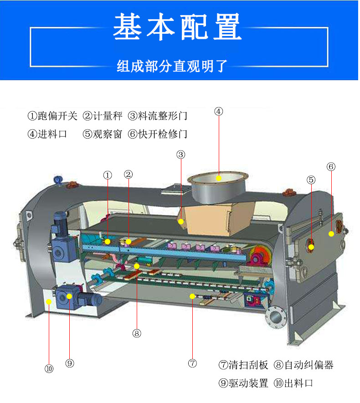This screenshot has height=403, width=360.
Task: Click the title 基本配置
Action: (x=177, y=26)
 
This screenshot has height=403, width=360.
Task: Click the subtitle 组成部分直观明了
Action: (x=172, y=66)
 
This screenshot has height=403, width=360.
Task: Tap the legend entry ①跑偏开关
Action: (x=52, y=116)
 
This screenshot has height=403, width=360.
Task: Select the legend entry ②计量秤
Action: (x=103, y=116)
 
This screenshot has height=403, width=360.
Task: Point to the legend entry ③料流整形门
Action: (x=158, y=116)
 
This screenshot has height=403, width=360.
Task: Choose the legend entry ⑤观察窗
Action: (x=103, y=134)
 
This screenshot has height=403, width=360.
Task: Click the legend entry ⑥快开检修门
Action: (x=158, y=134)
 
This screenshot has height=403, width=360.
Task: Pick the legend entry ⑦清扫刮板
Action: (x=243, y=365)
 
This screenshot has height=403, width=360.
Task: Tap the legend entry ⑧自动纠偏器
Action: (x=303, y=365)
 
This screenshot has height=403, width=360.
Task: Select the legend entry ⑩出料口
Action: (x=293, y=383)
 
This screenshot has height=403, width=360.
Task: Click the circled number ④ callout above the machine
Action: (x=218, y=112)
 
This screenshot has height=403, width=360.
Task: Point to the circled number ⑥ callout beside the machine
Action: (x=331, y=167)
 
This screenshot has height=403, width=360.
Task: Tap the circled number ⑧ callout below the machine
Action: (x=137, y=333)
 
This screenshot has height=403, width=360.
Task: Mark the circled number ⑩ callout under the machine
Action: (x=49, y=369)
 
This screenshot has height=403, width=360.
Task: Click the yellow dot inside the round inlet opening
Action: (x=219, y=178)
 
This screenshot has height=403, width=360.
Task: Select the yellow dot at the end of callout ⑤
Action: (x=311, y=247)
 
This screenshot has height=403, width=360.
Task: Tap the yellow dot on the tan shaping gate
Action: (x=181, y=221)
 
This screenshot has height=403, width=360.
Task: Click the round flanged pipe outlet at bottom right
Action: (x=276, y=317)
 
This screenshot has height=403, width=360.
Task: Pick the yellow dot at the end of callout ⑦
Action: (x=192, y=296)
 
